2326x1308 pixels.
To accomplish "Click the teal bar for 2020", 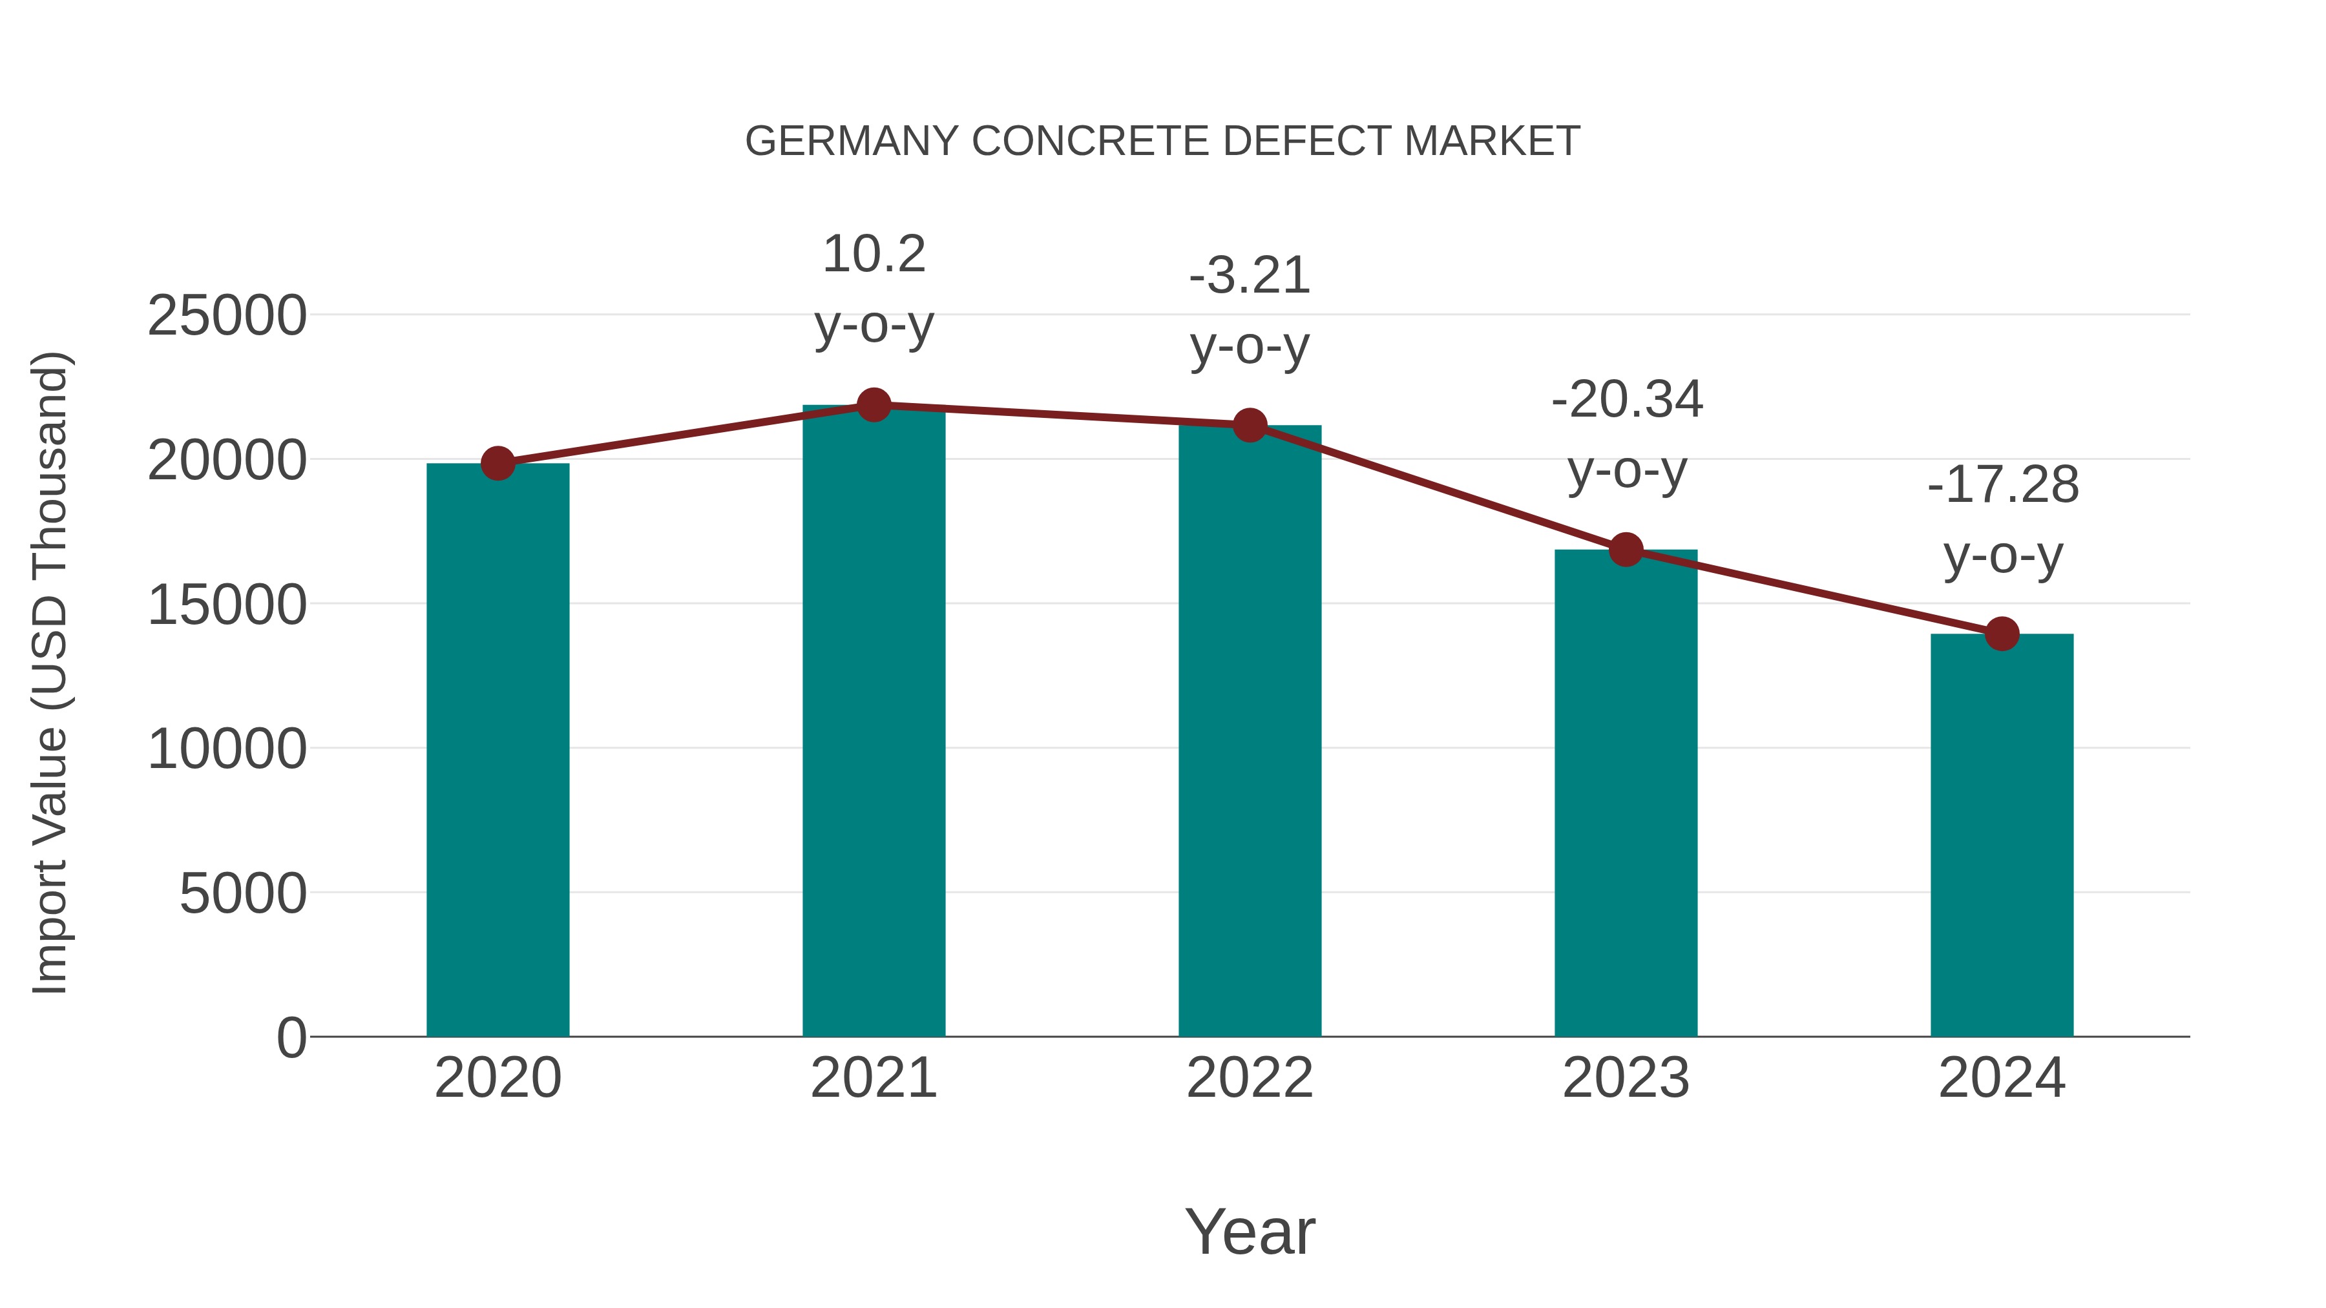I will coord(498,749).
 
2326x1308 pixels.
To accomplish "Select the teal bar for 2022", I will coord(1250,731).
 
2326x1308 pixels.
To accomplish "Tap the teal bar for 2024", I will coord(2002,835).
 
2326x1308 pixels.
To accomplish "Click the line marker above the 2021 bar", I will coord(873,405).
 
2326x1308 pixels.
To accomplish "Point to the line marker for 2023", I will coord(1626,549).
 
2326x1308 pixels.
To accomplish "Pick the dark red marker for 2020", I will coord(498,463).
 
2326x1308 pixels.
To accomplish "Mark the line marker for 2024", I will coord(2002,634).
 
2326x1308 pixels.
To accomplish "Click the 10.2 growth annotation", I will coord(873,254).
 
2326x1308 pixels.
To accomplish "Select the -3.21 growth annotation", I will coord(1250,276).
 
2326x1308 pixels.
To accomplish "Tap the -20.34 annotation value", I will coord(1626,400).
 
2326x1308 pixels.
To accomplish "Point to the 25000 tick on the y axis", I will coord(227,317).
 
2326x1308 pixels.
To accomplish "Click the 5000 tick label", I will coord(243,895).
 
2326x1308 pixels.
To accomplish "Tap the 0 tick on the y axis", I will coord(291,1038).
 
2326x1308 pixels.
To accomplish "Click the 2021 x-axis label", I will coord(873,1079).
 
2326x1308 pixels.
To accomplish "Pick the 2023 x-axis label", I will coord(1626,1079).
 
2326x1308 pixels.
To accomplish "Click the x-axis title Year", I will coord(1250,1232).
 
